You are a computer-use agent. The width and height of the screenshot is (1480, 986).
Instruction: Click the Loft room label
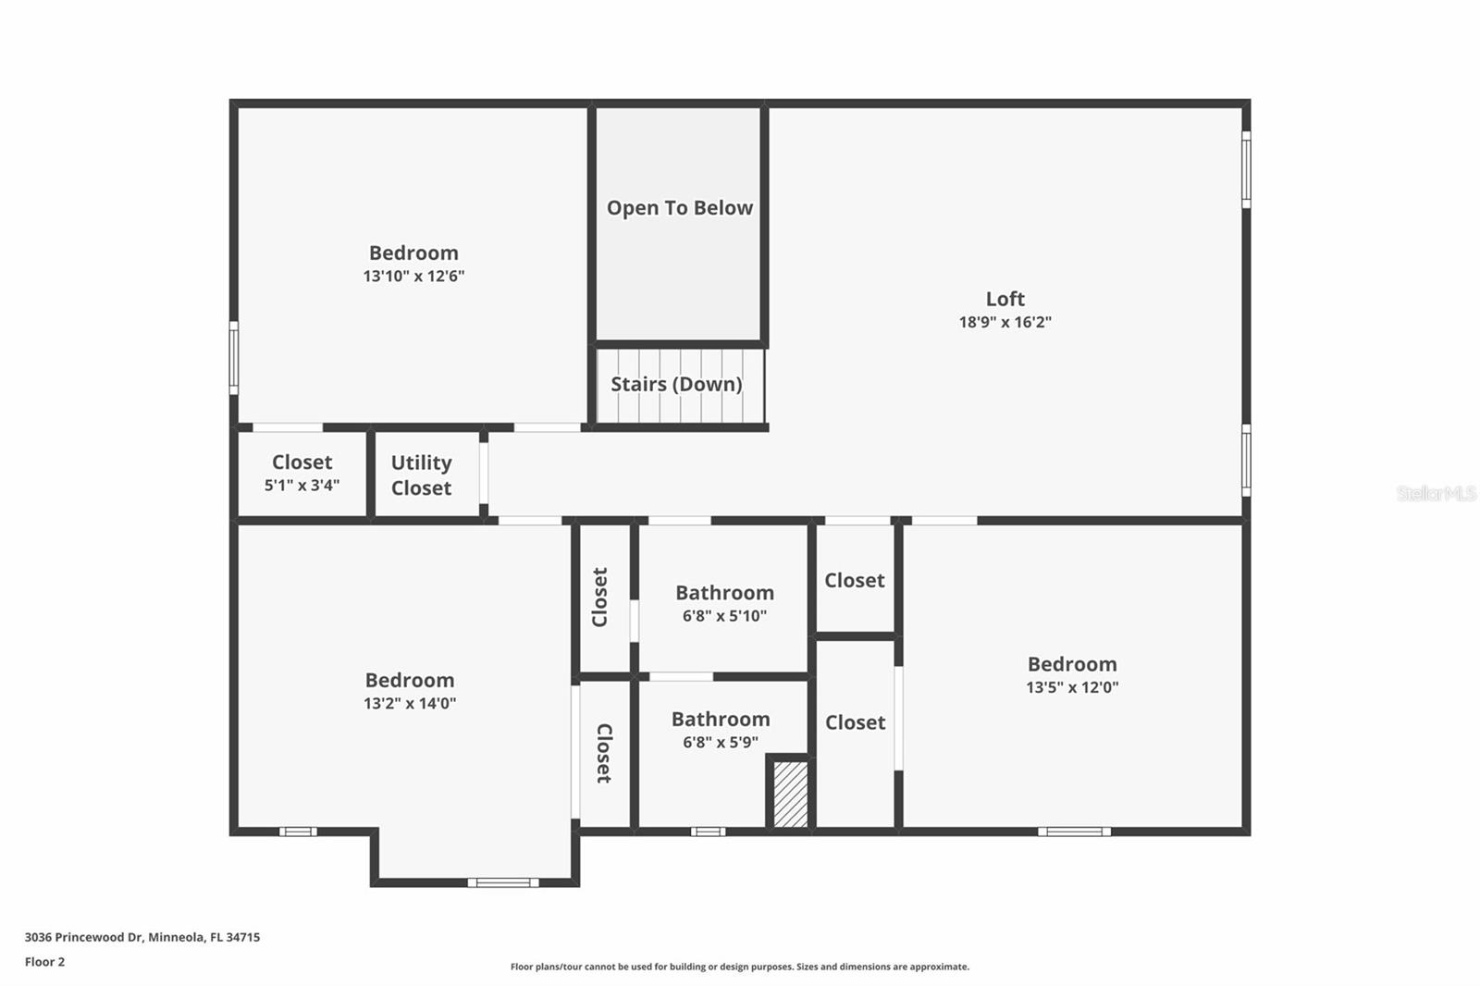(x=1005, y=299)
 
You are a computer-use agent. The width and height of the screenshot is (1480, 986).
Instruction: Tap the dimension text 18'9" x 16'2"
(x=1005, y=322)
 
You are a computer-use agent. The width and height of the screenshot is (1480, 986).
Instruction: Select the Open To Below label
(x=679, y=208)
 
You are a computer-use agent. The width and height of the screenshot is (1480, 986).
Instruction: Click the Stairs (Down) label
(x=676, y=384)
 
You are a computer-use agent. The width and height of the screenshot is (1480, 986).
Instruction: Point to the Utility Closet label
(x=421, y=475)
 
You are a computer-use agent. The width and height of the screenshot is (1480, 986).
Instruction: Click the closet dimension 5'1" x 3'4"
(x=302, y=485)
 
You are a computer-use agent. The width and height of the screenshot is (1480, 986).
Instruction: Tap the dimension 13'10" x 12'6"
(x=413, y=276)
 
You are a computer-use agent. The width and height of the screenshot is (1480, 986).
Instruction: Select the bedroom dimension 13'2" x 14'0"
(x=409, y=703)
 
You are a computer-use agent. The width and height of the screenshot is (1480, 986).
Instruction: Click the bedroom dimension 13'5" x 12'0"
(x=1072, y=687)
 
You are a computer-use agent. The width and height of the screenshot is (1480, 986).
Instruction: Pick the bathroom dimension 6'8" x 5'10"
(x=724, y=616)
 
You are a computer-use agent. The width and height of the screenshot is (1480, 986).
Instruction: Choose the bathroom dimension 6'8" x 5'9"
(x=721, y=742)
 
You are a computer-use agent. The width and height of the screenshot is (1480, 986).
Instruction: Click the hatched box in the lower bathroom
(x=790, y=794)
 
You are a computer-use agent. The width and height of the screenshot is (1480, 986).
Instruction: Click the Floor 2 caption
(x=44, y=962)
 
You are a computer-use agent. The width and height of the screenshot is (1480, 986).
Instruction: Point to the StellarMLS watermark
(x=1436, y=493)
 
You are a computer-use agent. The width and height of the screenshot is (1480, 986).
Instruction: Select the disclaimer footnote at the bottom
(x=739, y=967)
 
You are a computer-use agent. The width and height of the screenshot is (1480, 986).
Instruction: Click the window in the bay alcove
(x=502, y=882)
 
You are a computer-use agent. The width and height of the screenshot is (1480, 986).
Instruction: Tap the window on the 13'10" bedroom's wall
(x=234, y=357)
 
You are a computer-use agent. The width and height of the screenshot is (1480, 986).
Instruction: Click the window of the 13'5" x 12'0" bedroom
(x=1073, y=832)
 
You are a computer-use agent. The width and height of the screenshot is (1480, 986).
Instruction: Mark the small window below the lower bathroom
(x=708, y=832)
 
